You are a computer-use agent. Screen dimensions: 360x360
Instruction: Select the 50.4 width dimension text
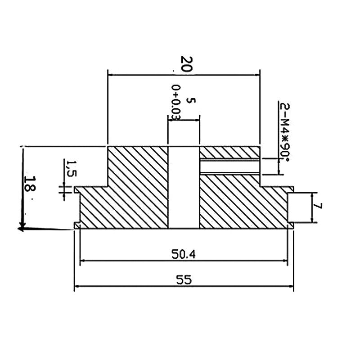coord(184,254)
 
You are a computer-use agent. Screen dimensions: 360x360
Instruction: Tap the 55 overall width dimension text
coord(184,280)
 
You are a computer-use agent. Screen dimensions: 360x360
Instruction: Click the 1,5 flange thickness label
coord(71,168)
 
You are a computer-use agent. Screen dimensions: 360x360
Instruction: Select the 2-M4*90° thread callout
coord(285,131)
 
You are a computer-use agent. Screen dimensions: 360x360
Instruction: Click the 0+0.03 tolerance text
coord(176,103)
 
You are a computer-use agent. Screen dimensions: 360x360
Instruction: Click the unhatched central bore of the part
coord(184,187)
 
